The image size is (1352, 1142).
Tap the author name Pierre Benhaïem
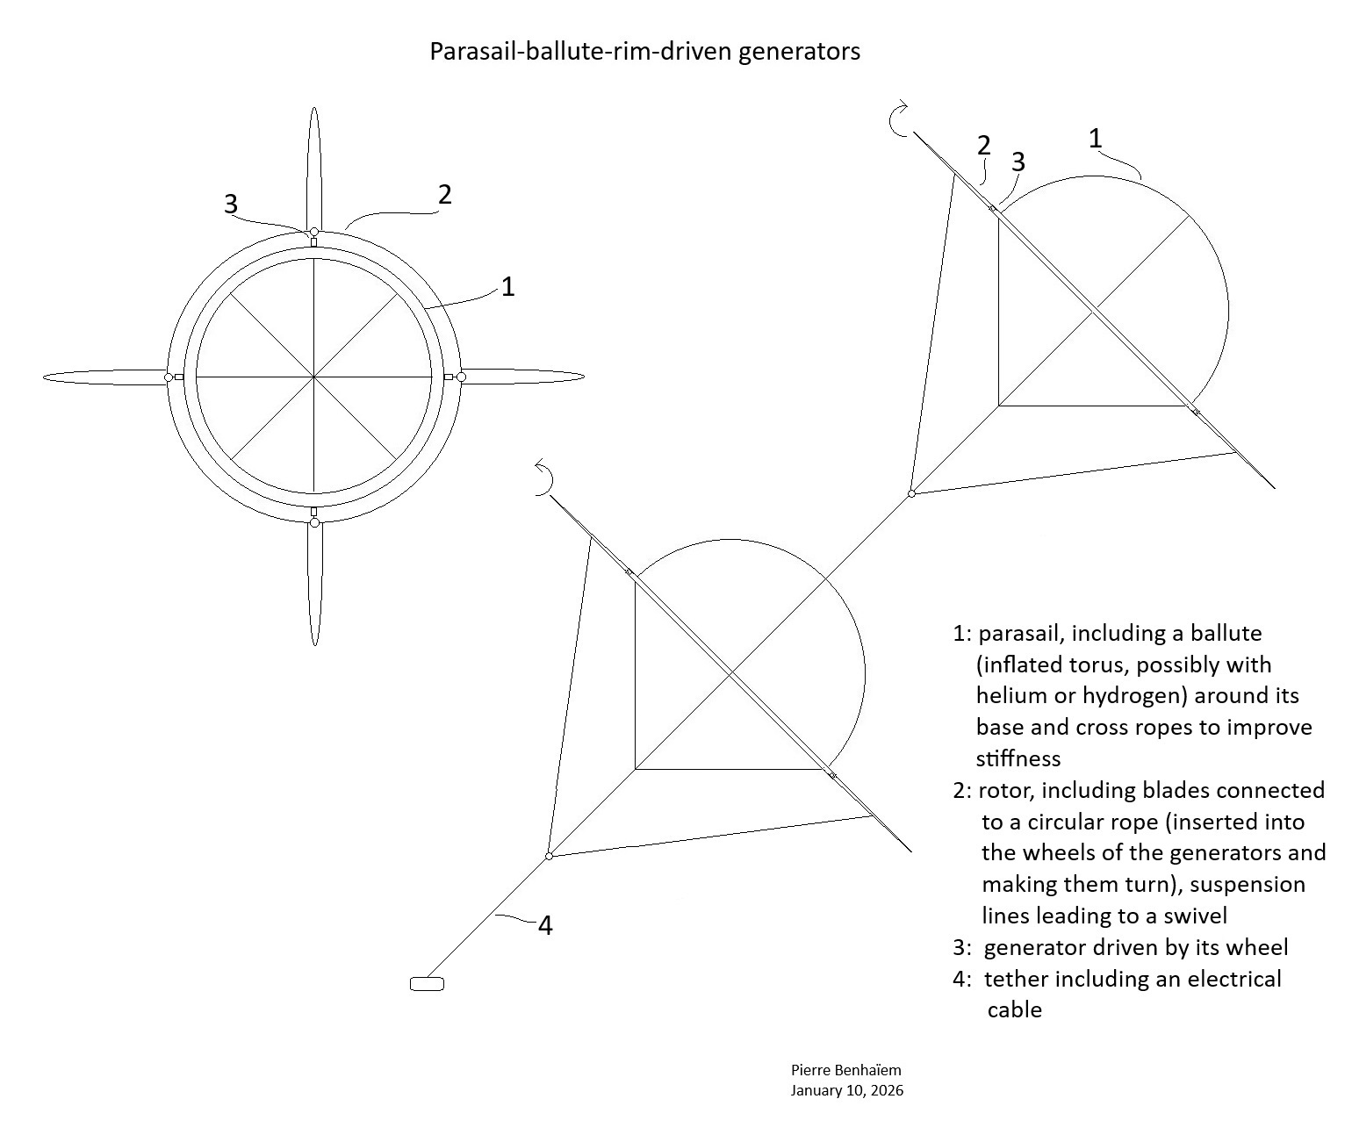[845, 1070]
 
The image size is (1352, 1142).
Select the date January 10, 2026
[846, 1091]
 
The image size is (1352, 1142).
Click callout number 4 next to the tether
[545, 925]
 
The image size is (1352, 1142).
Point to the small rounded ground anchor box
[427, 984]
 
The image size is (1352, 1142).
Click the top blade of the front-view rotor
[314, 167]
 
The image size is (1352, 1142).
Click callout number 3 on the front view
[231, 205]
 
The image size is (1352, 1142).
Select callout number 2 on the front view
[445, 195]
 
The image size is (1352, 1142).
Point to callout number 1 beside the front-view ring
[507, 286]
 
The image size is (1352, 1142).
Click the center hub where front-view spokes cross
[314, 377]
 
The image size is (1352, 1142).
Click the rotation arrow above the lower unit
[544, 479]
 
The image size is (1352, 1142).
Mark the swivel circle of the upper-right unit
[911, 494]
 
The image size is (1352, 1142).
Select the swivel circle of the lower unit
[549, 856]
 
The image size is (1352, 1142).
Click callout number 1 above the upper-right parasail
[1095, 139]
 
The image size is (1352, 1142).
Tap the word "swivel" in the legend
[1192, 916]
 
